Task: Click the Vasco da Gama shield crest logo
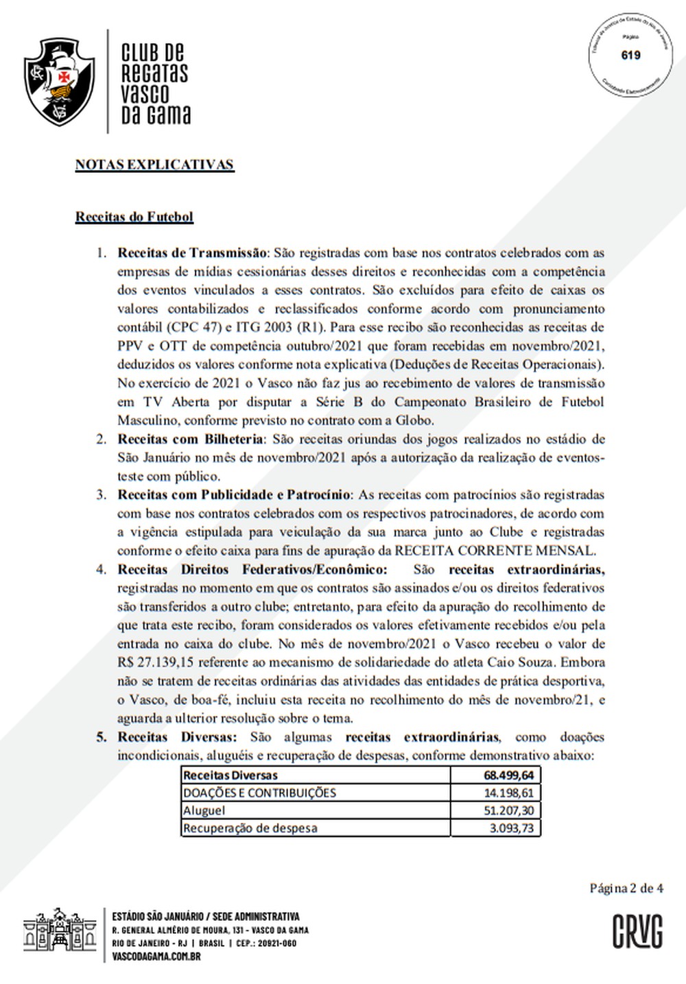tap(60, 82)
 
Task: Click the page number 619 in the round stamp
tap(630, 55)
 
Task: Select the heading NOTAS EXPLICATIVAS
tap(154, 165)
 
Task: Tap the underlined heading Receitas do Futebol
tap(134, 217)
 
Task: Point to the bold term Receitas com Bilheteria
tap(190, 439)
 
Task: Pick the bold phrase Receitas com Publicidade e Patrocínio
tap(233, 494)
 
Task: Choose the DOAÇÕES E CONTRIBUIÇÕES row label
tap(259, 793)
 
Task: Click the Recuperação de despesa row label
tap(250, 828)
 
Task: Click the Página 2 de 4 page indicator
tap(626, 888)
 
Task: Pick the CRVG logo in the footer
tap(637, 932)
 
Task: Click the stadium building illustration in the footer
tap(60, 933)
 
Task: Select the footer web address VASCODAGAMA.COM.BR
tap(156, 956)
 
